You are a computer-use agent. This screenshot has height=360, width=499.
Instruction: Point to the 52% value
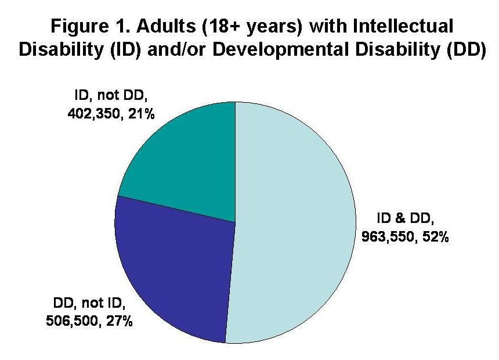[433, 237]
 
